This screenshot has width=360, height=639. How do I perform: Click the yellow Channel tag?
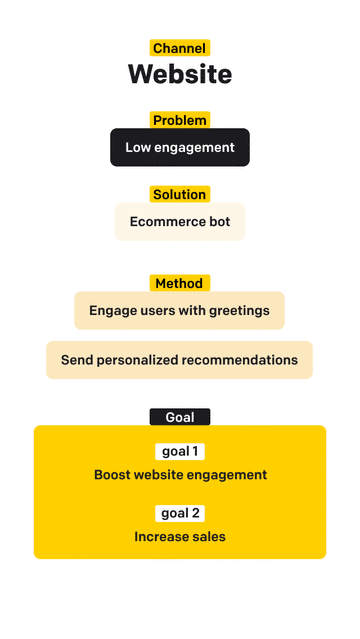tap(180, 47)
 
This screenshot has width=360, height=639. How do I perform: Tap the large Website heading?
tap(180, 74)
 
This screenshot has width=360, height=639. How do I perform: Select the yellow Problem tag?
tap(180, 120)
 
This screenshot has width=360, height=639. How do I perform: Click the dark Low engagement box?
tap(180, 147)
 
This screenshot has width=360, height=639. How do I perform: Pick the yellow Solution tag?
tap(180, 194)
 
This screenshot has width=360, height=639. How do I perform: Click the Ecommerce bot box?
tap(180, 221)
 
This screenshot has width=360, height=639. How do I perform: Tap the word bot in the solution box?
tap(218, 221)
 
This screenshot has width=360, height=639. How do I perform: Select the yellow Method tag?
tap(180, 283)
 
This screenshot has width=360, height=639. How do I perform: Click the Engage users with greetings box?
tap(180, 310)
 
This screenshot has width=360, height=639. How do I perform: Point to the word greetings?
tap(238, 310)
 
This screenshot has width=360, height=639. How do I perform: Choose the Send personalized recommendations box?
tap(180, 359)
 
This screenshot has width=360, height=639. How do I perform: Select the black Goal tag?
tap(180, 417)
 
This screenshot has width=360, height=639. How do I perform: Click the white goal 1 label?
tap(180, 451)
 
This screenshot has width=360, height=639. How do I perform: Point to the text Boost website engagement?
tap(180, 475)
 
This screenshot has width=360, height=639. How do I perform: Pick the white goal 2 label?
tap(180, 513)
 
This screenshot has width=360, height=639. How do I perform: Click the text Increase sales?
tap(180, 537)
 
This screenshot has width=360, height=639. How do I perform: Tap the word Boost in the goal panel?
tap(113, 475)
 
